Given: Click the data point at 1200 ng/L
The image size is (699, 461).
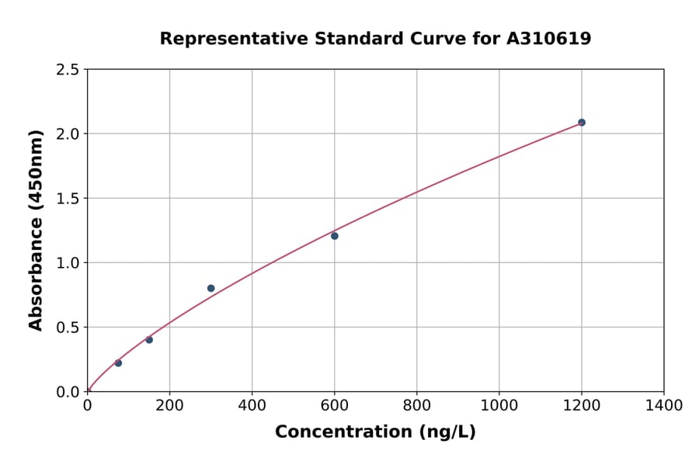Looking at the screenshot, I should (x=581, y=123).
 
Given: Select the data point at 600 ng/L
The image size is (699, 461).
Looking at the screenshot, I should (x=334, y=236).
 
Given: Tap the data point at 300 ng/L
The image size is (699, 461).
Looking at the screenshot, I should (x=210, y=288).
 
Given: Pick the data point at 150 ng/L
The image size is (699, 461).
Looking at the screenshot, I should (x=149, y=340).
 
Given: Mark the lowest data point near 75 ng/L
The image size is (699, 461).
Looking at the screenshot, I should (x=118, y=363).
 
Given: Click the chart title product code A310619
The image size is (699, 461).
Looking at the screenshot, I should (x=550, y=38).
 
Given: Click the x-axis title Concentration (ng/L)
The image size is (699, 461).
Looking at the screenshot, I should (x=375, y=432).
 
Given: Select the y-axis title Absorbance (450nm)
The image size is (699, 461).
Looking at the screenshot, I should (x=36, y=230).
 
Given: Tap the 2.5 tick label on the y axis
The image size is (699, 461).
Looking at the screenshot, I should (x=68, y=70).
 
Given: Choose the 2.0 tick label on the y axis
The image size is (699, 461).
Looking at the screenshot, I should (x=68, y=134).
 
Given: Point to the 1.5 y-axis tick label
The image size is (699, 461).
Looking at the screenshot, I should (x=68, y=199).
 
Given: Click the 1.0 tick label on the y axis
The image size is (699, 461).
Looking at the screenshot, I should (x=68, y=263).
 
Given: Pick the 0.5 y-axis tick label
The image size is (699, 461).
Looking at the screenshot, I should (x=68, y=328).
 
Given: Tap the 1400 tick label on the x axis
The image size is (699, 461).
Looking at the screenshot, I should (x=663, y=405).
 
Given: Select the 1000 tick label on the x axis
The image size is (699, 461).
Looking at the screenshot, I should (x=499, y=405).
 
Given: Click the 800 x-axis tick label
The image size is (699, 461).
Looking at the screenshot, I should (x=416, y=405).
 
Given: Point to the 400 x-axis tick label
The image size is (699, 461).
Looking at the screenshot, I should (x=252, y=405).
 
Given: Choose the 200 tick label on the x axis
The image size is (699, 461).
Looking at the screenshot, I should (x=169, y=405).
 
